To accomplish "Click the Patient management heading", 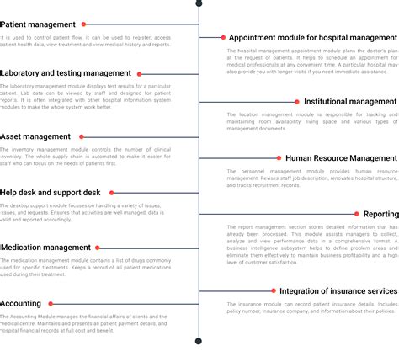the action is pyautogui.click(x=38, y=25).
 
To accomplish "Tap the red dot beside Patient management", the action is pyautogui.click(x=84, y=25).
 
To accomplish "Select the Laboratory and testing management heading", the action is pyautogui.click(x=66, y=73).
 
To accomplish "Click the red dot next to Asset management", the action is pyautogui.click(x=82, y=136).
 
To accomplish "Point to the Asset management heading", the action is pyautogui.click(x=35, y=136).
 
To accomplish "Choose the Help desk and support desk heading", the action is pyautogui.click(x=51, y=193).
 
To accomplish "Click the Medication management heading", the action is pyautogui.click(x=45, y=248).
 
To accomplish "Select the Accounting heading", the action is pyautogui.click(x=21, y=303).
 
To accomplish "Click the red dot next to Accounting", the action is pyautogui.click(x=51, y=303).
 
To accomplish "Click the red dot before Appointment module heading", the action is pyautogui.click(x=222, y=38).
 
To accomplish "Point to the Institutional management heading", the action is pyautogui.click(x=349, y=102).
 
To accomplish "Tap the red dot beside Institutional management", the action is pyautogui.click(x=296, y=102).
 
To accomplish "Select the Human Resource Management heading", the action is pyautogui.click(x=341, y=157).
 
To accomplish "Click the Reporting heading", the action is pyautogui.click(x=380, y=214).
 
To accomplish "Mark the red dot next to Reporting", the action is pyautogui.click(x=357, y=214).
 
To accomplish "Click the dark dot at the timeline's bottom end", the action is pyautogui.click(x=199, y=341).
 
